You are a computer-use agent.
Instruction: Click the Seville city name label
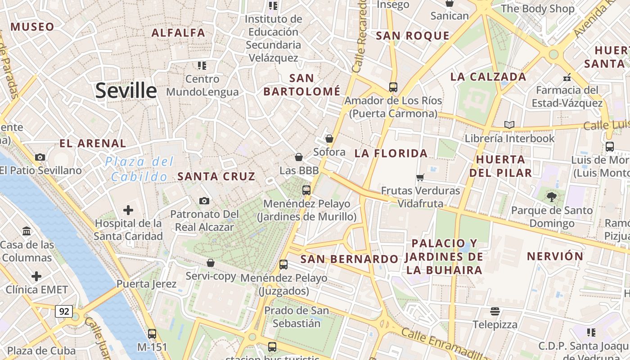[x=126, y=91]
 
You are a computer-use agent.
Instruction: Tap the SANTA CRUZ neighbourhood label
[x=216, y=176]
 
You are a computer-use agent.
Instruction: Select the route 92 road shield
[x=64, y=311]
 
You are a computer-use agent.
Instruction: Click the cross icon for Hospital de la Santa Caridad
[x=128, y=210]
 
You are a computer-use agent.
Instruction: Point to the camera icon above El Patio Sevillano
[x=40, y=157]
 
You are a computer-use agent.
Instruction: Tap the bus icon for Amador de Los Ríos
[x=393, y=87]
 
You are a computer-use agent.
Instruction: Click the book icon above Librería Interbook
[x=509, y=125]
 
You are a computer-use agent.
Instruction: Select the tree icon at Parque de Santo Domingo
[x=551, y=197]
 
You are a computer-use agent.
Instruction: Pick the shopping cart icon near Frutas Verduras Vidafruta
[x=420, y=177]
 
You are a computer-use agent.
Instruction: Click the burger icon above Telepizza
[x=495, y=311]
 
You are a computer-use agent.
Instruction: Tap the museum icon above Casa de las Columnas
[x=27, y=231]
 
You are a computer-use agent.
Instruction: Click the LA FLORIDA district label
[x=391, y=153]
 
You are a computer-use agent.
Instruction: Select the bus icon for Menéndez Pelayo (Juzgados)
[x=283, y=265]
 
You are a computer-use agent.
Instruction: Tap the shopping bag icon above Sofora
[x=329, y=139]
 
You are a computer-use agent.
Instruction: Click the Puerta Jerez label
[x=146, y=284]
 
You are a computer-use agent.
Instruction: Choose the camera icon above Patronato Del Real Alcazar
[x=204, y=201]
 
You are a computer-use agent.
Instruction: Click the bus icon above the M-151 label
[x=152, y=333]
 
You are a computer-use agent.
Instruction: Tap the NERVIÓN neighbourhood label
[x=555, y=256]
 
